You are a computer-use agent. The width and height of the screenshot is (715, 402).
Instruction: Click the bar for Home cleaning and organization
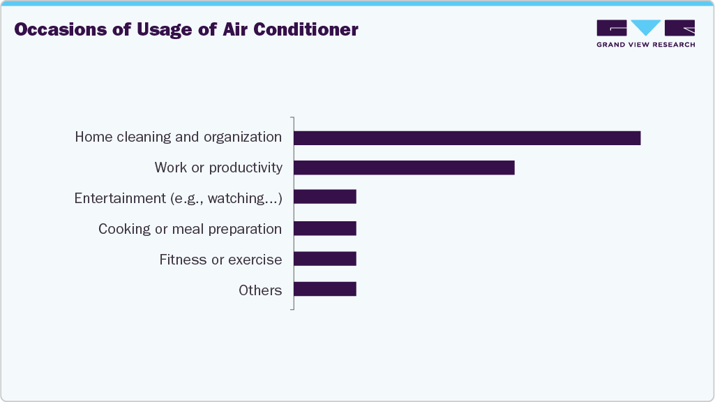click(467, 137)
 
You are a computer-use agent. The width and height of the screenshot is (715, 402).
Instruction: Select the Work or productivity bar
click(404, 167)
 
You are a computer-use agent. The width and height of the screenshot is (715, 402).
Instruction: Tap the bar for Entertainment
click(325, 197)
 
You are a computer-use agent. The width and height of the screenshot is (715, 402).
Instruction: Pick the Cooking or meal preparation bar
click(325, 228)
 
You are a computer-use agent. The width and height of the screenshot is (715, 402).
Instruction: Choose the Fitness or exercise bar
click(325, 259)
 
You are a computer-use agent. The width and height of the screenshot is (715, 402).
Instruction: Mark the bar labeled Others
click(325, 289)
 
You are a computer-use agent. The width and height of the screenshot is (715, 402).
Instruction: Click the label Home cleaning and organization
click(179, 137)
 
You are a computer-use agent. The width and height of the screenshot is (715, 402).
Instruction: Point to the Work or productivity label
click(218, 167)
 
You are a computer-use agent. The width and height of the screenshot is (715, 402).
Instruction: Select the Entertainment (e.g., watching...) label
click(178, 198)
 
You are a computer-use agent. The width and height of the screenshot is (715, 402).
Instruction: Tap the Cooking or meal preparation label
click(190, 229)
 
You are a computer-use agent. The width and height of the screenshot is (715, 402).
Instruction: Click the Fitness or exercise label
click(220, 260)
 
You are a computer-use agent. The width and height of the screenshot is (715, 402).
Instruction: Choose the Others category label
click(260, 290)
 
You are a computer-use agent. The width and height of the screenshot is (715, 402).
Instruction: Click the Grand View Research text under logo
click(645, 45)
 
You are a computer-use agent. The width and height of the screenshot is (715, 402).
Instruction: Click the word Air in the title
click(234, 30)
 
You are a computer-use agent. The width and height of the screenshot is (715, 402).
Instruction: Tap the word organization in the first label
click(242, 137)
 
